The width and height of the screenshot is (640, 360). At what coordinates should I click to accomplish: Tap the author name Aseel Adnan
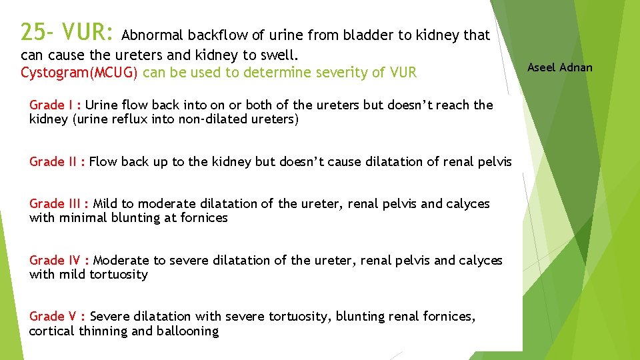(x=559, y=67)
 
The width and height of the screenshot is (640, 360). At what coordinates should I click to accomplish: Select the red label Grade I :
(x=55, y=105)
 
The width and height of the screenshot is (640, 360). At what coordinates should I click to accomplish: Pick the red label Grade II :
(x=57, y=161)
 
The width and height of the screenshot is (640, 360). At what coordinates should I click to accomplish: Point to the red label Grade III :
(x=59, y=204)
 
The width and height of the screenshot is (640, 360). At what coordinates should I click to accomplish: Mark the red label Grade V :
(x=57, y=317)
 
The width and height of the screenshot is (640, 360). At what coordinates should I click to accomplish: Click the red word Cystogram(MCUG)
(x=79, y=72)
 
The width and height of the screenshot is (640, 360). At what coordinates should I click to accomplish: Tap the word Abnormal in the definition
(x=153, y=35)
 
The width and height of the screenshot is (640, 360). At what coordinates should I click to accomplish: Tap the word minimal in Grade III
(x=82, y=218)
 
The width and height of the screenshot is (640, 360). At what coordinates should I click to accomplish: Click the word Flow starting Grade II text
(x=103, y=161)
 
